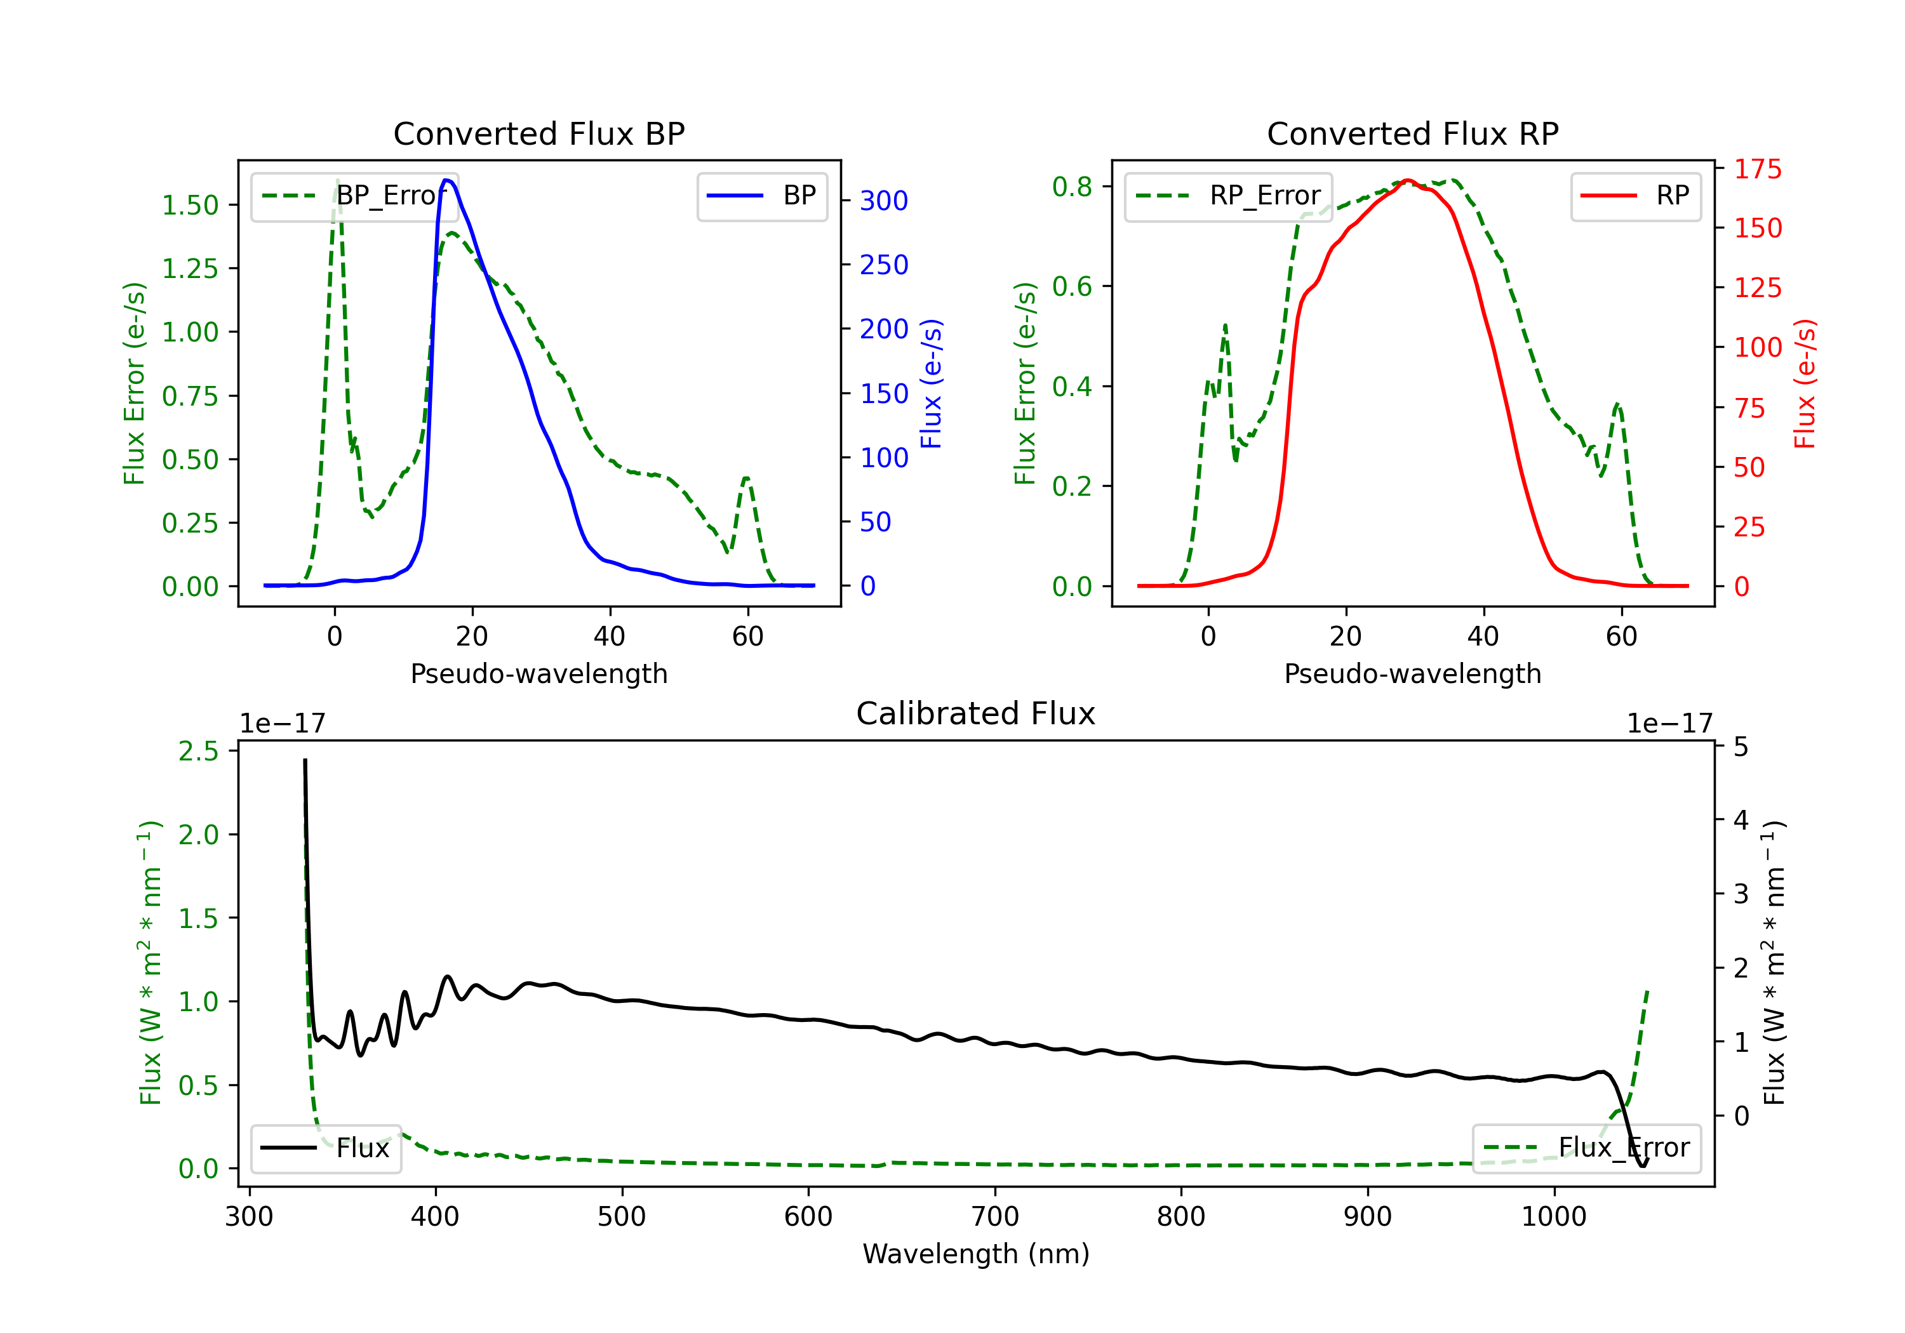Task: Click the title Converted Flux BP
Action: tap(538, 133)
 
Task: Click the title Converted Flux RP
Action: tap(1412, 133)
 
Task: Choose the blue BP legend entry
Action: tap(761, 196)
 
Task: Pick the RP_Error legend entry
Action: tap(1228, 196)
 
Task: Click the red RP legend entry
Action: tap(1635, 196)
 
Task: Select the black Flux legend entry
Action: tap(325, 1148)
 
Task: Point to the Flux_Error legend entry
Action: tap(1586, 1148)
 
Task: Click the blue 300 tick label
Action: tap(884, 201)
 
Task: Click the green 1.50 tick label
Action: tap(189, 205)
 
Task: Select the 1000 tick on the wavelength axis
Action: tap(1553, 1217)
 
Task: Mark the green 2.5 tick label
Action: tap(198, 751)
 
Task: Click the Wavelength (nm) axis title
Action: tap(976, 1254)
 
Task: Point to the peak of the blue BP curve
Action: tap(446, 180)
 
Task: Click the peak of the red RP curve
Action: tap(1407, 181)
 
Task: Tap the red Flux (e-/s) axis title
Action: tap(1805, 383)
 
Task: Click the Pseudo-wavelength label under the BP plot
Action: tap(538, 673)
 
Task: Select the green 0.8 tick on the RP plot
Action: tap(1072, 187)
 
